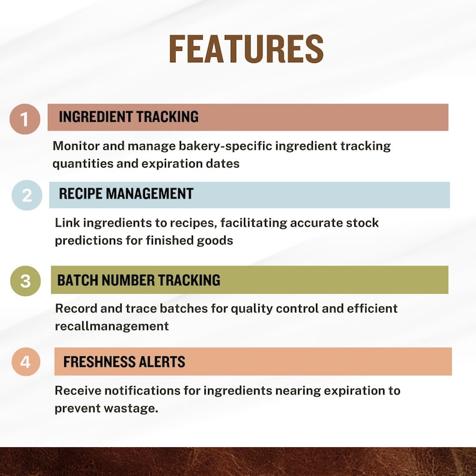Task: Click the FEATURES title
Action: click(x=246, y=49)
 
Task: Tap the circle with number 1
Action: click(x=25, y=119)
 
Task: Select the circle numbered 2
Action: click(x=27, y=195)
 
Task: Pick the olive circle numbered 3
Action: click(x=26, y=281)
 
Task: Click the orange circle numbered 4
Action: click(x=26, y=362)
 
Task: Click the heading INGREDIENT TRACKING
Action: click(x=129, y=117)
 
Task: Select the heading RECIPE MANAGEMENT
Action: click(x=126, y=194)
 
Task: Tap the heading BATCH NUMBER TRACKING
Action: click(x=138, y=280)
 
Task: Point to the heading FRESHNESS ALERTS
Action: click(x=124, y=361)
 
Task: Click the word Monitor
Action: click(x=76, y=146)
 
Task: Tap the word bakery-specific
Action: click(x=225, y=146)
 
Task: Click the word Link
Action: click(x=67, y=223)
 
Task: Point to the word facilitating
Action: click(x=254, y=223)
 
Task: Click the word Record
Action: click(x=76, y=308)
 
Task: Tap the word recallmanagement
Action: click(x=112, y=326)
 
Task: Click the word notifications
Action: click(x=142, y=390)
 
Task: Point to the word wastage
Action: click(x=131, y=409)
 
